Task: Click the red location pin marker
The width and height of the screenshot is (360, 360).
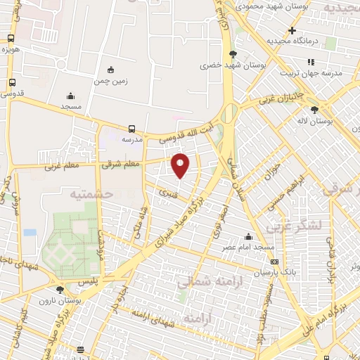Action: click(181, 165)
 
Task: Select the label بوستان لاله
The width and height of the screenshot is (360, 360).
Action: click(314, 122)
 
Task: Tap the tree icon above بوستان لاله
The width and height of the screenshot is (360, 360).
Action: click(314, 110)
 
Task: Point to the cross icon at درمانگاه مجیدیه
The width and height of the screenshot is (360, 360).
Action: click(292, 30)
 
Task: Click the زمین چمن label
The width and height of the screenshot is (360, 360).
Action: click(110, 81)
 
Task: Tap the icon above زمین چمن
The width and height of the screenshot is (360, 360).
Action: click(110, 69)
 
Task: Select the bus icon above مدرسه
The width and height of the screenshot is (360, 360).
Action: click(131, 129)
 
